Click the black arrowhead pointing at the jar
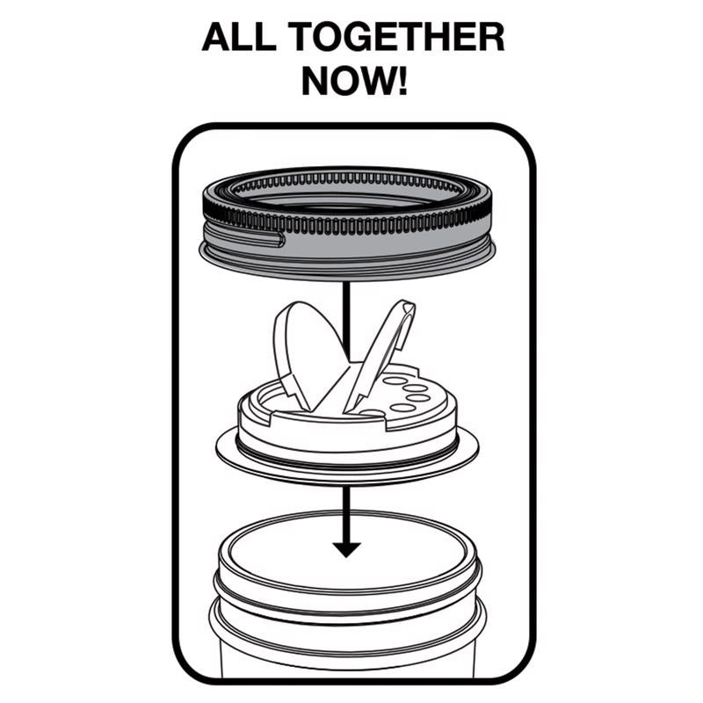[x=347, y=548]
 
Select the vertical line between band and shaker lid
[x=347, y=316]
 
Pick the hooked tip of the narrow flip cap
[x=407, y=308]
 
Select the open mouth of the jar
[x=347, y=549]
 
